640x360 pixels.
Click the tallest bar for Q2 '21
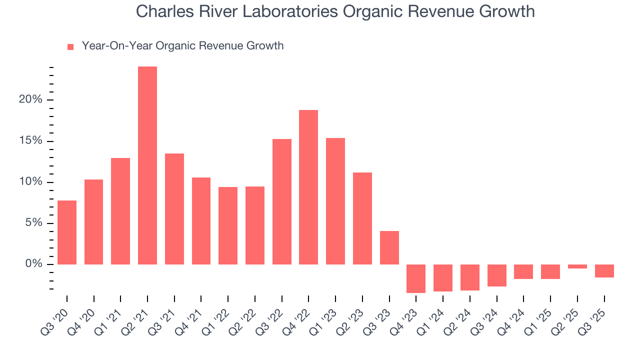147,165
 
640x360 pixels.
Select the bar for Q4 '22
308,187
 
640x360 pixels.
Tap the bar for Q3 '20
67,232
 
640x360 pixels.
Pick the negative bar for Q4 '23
416,278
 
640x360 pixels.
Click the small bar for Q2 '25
577,266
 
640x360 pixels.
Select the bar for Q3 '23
389,247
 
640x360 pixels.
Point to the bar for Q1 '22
228,225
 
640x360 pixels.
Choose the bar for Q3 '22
282,201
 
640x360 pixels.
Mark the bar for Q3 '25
604,271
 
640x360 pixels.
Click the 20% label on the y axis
30,100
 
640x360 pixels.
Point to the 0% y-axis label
33,264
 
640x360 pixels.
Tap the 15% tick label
30,141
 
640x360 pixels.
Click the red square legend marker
70,46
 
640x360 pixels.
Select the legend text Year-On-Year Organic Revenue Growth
182,46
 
